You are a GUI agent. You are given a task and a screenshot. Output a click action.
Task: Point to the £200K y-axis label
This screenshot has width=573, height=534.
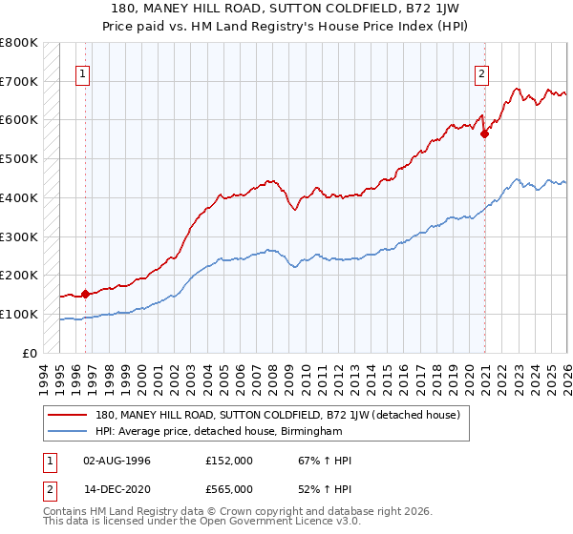[x=19, y=276]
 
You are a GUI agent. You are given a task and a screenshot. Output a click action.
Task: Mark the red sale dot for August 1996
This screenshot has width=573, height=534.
[x=85, y=294]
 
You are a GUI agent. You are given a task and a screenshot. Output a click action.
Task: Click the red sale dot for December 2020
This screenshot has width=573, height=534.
[x=484, y=133]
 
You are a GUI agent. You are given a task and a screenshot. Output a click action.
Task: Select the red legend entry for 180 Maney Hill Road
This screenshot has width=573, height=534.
[x=278, y=415]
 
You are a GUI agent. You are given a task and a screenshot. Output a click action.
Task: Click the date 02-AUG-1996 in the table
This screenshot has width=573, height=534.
[x=117, y=461]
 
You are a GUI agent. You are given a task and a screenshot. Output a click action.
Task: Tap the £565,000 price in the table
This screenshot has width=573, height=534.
[x=229, y=488]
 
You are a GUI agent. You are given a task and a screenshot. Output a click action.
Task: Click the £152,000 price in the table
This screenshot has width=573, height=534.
[x=229, y=461]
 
